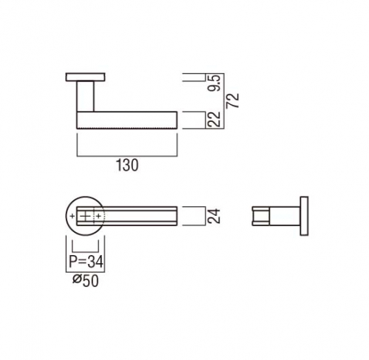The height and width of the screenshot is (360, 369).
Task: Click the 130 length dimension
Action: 127,165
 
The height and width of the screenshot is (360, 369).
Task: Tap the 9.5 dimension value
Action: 214,84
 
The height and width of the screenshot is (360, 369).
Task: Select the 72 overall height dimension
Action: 233,101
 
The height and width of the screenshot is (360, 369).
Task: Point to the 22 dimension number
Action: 214,120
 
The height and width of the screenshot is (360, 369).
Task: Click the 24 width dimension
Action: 214,216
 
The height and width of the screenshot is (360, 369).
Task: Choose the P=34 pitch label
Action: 86,262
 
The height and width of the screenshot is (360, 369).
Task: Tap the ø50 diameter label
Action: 86,281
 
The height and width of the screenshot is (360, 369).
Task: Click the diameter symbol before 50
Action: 77,279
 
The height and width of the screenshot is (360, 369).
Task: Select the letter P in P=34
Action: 72,262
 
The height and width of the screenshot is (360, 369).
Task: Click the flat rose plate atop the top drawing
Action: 86,77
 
